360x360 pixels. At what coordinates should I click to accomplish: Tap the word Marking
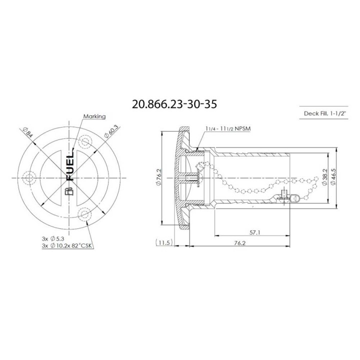point(94,116)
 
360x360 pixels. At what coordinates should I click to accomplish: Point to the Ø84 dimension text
point(27,132)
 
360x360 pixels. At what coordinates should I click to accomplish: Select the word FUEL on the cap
point(70,167)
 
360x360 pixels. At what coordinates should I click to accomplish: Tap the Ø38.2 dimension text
point(325,177)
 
